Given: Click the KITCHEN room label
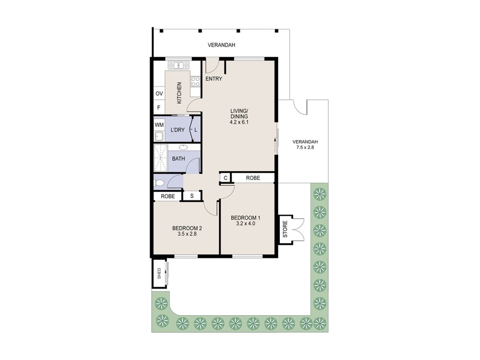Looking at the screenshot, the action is coord(179,92).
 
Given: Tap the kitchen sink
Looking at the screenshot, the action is coord(178,65).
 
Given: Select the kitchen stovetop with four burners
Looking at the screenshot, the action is coord(195,81).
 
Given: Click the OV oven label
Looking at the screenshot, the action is coord(159,94).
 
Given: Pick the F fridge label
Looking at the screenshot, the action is coord(159,107).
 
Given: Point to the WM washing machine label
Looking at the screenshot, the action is coord(159,125).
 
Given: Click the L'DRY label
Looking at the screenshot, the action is coord(177,130).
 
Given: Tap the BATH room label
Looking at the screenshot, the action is coord(178,159).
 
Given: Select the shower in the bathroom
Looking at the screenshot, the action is coord(161,158).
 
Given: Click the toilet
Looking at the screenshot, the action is coord(160,183).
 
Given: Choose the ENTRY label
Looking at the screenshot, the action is coord(214,79).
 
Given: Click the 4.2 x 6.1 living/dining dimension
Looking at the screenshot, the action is coord(239,122).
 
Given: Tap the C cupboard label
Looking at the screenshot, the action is coord(225,178).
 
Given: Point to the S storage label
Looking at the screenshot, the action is coord(192,196).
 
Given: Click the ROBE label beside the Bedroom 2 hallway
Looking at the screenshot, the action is coord(168,196).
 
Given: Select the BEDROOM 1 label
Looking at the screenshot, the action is coord(246,218).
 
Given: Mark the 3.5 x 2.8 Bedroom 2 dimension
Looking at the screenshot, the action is coord(187,234).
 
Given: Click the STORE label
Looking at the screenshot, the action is coord(285,229).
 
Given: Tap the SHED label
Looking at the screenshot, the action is coord(159,273).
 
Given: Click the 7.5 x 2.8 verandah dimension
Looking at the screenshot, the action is coord(305,147).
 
